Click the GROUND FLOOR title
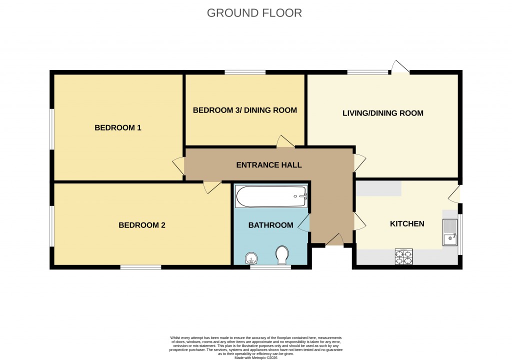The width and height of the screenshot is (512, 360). tap(254, 13)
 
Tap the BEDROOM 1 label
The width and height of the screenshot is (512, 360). tap(118, 128)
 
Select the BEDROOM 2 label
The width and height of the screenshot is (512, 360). tap(141, 225)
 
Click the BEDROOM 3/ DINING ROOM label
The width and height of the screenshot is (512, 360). tap(245, 110)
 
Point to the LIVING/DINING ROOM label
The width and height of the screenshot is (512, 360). tap(382, 113)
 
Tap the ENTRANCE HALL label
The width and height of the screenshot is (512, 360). tap(269, 164)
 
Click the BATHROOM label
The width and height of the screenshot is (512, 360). tap(270, 225)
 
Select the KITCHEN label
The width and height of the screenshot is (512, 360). tap(407, 223)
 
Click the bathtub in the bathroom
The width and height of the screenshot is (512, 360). tap(271, 196)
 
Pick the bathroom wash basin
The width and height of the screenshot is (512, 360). tap(251, 258)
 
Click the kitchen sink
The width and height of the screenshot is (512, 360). tap(450, 233)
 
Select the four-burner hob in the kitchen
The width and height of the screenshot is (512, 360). tap(404, 256)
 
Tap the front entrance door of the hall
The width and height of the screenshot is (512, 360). tap(334, 240)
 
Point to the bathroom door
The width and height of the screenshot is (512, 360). tap(304, 223)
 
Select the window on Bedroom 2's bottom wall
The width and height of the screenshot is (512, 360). tap(140, 267)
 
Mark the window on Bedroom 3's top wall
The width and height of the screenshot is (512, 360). tap(245, 72)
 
